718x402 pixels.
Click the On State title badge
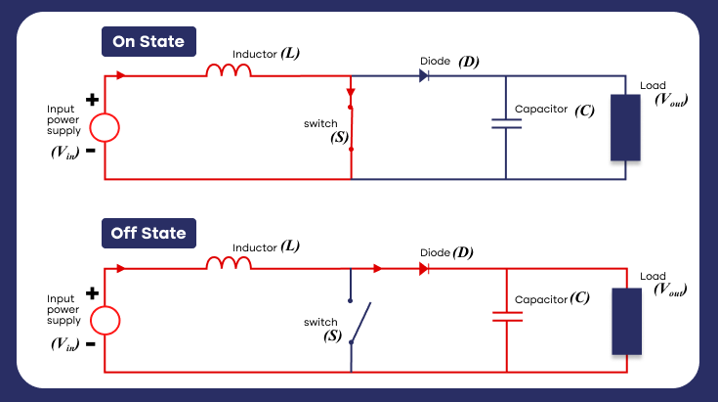point(149,43)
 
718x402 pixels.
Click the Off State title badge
point(149,235)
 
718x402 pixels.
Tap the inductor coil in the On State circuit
point(229,71)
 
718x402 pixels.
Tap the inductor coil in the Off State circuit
point(229,263)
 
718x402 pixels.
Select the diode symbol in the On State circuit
point(425,75)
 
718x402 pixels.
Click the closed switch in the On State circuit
point(351,127)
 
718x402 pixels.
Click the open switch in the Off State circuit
point(359,322)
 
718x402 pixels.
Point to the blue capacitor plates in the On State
point(506,124)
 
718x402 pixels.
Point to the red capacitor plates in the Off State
point(507,316)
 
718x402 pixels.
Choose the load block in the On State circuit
point(625,127)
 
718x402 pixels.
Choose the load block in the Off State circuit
point(625,321)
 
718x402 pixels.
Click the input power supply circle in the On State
point(105,128)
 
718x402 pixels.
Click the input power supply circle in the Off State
point(105,320)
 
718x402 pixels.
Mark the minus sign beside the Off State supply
point(90,344)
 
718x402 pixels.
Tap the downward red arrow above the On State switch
point(351,94)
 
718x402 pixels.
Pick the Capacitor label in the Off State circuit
point(540,298)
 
